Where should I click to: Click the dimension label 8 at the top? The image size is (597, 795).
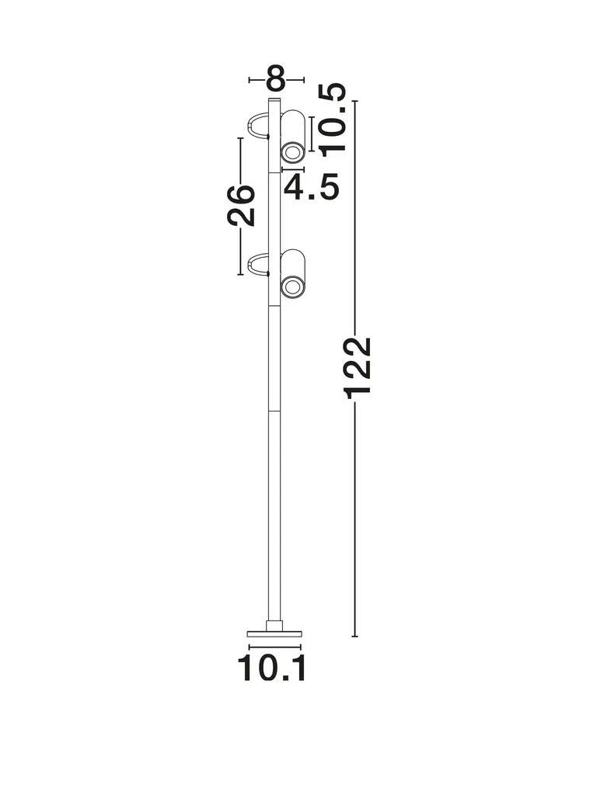pyautogui.click(x=276, y=78)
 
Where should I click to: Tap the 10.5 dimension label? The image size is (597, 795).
pyautogui.click(x=333, y=118)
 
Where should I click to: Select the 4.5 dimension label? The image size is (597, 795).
pyautogui.click(x=311, y=186)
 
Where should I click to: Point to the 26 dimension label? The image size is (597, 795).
pyautogui.click(x=241, y=205)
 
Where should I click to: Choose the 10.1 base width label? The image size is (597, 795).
pyautogui.click(x=271, y=668)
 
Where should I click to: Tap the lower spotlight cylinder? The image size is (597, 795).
pyautogui.click(x=293, y=275)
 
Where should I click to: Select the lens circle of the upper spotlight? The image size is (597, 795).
pyautogui.click(x=292, y=152)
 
